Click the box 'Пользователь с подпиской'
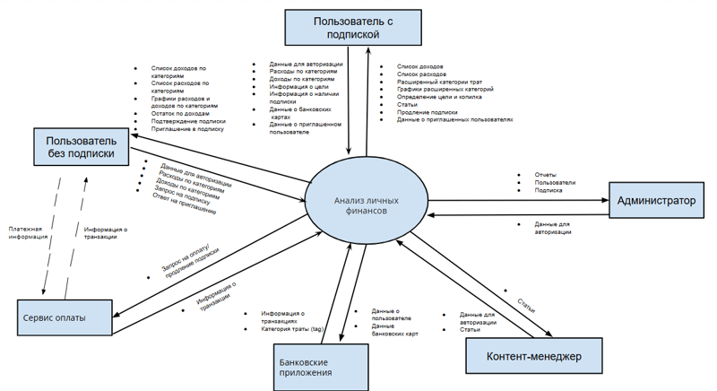pos(353,27)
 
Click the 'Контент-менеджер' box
pos(532,357)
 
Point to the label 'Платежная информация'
pos(26,233)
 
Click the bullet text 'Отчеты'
pos(546,174)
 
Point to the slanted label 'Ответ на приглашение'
pos(185,204)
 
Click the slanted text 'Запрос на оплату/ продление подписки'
pos(191,260)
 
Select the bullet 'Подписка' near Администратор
pos(549,190)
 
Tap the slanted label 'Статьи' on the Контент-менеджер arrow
pos(526,302)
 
